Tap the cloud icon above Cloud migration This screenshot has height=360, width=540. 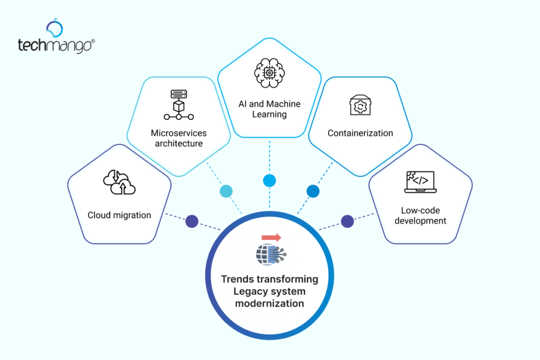[x=119, y=183]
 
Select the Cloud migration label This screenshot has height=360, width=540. [x=119, y=215]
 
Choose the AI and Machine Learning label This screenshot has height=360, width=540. [x=269, y=109]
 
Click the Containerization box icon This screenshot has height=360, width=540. [x=360, y=105]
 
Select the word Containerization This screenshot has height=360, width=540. [x=360, y=133]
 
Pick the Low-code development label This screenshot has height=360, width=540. [x=420, y=215]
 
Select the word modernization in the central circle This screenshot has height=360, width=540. [x=269, y=303]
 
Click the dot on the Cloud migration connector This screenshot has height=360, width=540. [x=191, y=221]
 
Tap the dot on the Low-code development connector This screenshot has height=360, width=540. [x=347, y=221]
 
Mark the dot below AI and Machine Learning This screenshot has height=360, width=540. [x=269, y=181]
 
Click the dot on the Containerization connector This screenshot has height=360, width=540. [x=313, y=191]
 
